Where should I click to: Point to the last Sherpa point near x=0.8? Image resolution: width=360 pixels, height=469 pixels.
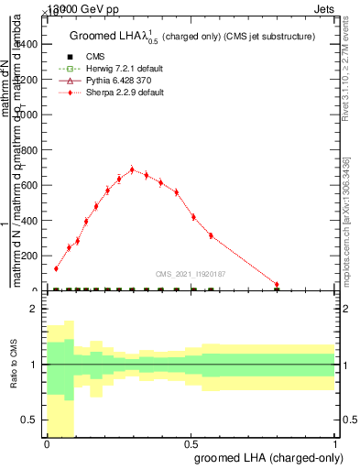[x=277, y=285]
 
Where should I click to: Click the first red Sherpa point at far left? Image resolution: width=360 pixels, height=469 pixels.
[x=56, y=268]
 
